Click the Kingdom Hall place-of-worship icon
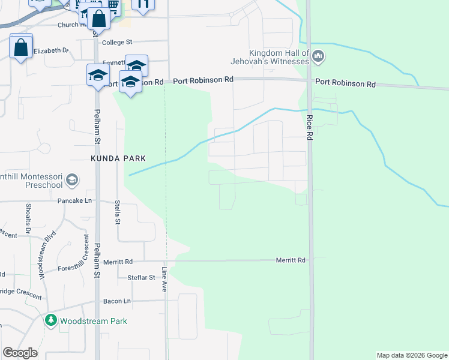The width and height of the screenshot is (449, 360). (x=318, y=57)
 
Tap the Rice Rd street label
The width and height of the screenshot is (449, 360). (x=310, y=127)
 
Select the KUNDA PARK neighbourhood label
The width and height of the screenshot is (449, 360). (x=118, y=158)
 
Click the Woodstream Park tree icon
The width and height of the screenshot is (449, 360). (x=51, y=321)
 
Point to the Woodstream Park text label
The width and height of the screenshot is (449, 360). (x=94, y=321)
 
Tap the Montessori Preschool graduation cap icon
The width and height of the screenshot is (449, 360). (x=71, y=179)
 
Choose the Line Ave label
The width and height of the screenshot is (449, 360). (x=164, y=278)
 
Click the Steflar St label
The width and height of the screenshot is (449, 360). (x=142, y=278)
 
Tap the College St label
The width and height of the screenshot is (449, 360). (x=117, y=43)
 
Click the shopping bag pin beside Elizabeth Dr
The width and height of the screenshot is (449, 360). (x=21, y=47)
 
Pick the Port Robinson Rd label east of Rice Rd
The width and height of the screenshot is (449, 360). (x=345, y=84)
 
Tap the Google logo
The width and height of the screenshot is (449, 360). (x=20, y=353)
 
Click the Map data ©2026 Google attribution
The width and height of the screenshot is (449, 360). (x=412, y=355)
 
